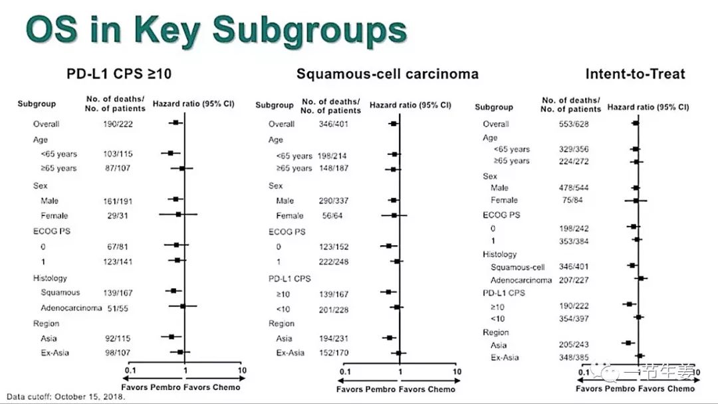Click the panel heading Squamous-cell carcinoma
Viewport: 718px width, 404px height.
[387, 74]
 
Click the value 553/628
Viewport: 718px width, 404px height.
[574, 124]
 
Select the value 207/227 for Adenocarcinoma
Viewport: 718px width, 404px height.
[574, 280]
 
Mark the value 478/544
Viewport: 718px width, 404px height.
[574, 188]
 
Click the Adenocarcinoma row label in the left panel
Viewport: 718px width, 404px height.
[71, 308]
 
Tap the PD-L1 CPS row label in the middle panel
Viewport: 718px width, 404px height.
[290, 278]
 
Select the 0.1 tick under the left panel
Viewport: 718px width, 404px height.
[130, 370]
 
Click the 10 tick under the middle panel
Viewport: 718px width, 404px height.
[457, 371]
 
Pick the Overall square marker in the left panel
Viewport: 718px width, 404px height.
[176, 123]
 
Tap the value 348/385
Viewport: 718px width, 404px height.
[574, 357]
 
